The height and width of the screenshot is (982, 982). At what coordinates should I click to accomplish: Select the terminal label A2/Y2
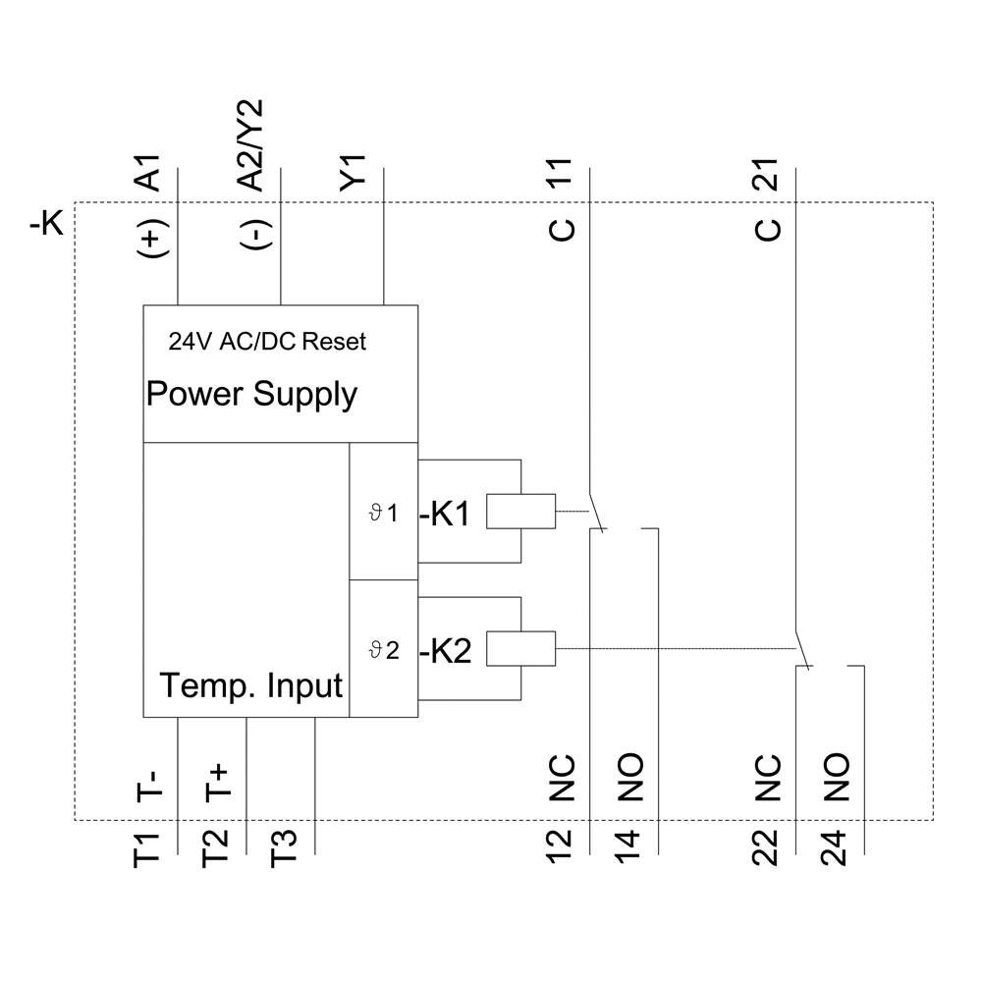[251, 144]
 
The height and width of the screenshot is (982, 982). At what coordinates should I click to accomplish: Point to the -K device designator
[46, 224]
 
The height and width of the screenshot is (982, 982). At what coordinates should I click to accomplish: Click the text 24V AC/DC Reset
[267, 342]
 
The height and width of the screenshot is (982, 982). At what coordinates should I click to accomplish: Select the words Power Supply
[251, 394]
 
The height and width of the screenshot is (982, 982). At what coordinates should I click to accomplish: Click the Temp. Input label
[251, 684]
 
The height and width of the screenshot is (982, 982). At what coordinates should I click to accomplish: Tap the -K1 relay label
[447, 514]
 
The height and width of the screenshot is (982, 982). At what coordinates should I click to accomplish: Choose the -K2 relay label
[447, 651]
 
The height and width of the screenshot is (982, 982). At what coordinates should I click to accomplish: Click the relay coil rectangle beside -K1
[520, 511]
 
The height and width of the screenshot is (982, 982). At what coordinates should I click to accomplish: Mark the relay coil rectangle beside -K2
[520, 648]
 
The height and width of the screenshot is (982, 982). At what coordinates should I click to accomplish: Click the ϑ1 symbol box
[384, 512]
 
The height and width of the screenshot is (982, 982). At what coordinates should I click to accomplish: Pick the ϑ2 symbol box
[384, 649]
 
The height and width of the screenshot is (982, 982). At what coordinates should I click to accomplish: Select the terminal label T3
[285, 848]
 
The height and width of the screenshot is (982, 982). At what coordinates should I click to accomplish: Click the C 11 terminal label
[561, 200]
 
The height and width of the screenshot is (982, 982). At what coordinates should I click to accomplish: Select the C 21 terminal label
[767, 200]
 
